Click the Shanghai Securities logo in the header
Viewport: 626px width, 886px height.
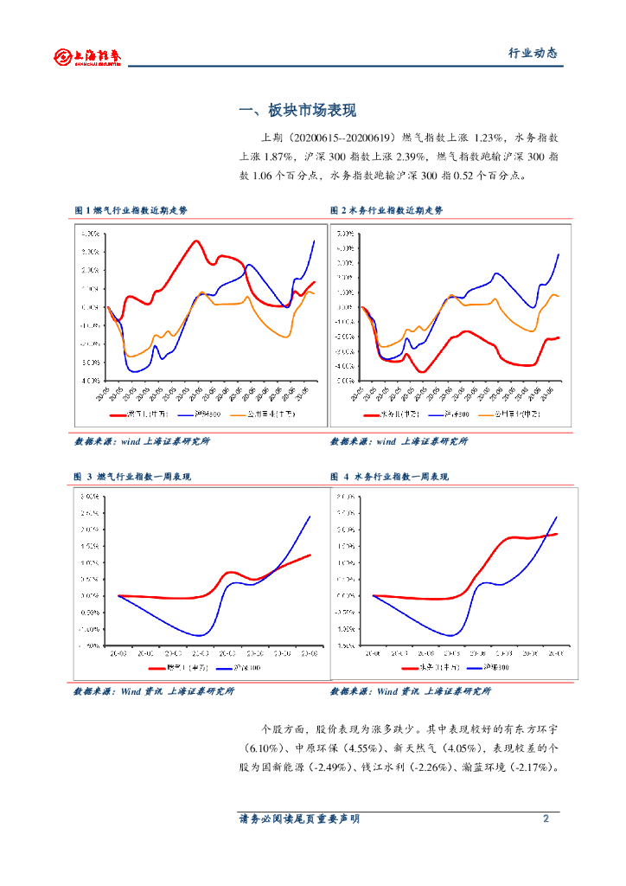[x=87, y=56]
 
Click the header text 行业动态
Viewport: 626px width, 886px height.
[x=532, y=53]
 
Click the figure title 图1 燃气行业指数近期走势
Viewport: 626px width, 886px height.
[x=131, y=210]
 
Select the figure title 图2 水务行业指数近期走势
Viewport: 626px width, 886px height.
[x=386, y=210]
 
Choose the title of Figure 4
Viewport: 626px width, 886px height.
[x=389, y=477]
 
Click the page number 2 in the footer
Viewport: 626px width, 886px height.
[x=546, y=819]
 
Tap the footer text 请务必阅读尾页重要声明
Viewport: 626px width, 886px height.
[x=299, y=819]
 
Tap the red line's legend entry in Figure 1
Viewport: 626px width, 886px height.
[x=138, y=414]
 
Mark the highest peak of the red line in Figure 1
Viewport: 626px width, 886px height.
[x=197, y=241]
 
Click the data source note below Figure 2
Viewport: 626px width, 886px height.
[x=399, y=441]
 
